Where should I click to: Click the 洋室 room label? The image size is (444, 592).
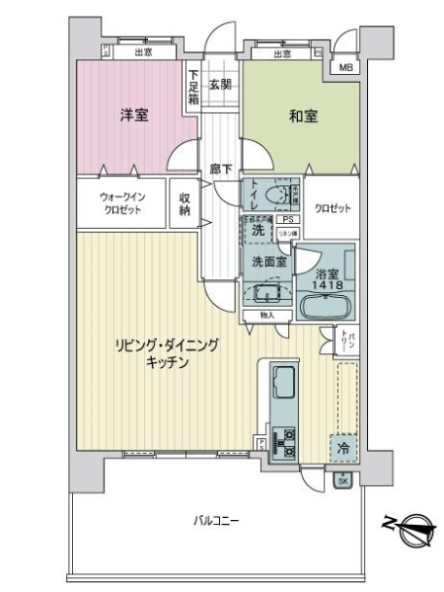(x=133, y=115)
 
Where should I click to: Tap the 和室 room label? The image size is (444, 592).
(x=303, y=116)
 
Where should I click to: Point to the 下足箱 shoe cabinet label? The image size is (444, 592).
(x=194, y=86)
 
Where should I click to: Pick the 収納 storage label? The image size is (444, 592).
(x=185, y=204)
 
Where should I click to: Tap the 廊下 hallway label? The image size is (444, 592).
(x=222, y=170)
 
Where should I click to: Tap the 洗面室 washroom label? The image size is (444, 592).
(x=267, y=262)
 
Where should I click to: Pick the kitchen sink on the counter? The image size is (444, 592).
(x=280, y=381)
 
